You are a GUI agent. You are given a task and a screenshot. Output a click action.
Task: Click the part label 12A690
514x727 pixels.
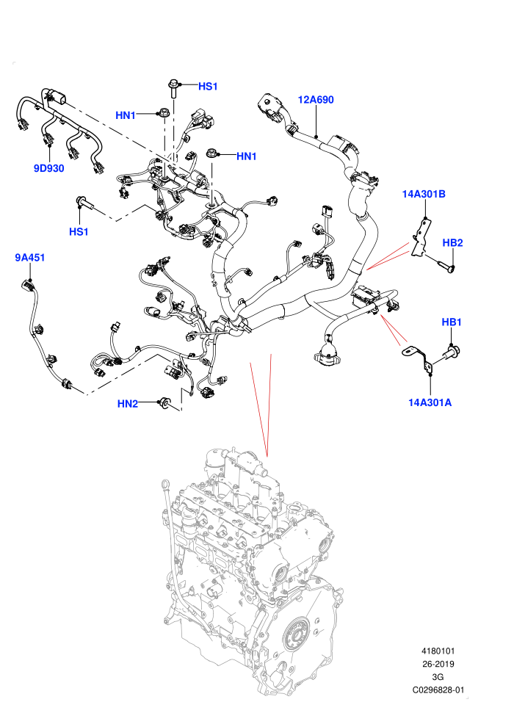coord(315,100)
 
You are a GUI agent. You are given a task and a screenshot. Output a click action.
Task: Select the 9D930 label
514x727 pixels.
coord(48,168)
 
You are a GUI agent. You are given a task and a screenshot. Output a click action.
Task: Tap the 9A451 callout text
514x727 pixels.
coord(29,257)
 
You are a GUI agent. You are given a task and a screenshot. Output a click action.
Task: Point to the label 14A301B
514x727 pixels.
coord(424,194)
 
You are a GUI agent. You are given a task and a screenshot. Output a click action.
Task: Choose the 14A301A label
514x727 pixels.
coord(430,402)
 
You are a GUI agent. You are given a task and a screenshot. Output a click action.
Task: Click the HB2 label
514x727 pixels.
coord(452,242)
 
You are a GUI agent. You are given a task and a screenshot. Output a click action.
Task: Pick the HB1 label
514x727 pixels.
coord(452,322)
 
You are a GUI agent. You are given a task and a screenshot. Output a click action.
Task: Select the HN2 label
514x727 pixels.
coord(128,404)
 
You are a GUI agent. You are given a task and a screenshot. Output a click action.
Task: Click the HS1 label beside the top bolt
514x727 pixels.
coord(208,86)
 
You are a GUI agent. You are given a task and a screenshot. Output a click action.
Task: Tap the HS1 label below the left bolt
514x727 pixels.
coord(79,231)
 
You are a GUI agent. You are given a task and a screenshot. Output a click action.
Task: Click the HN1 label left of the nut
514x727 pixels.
coord(125,115)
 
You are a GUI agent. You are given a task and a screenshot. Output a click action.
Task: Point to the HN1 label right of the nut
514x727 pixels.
coord(247,156)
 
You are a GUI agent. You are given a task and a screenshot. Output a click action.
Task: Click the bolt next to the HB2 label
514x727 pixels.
coord(446,266)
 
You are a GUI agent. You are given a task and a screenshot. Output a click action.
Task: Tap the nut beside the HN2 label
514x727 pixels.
coord(164,403)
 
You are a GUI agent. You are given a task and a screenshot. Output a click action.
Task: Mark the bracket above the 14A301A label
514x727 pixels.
coord(419,358)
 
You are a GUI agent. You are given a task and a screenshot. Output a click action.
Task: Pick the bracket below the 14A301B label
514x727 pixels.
coord(421,238)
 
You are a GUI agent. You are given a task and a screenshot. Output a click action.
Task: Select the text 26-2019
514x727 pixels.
coord(438,664)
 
